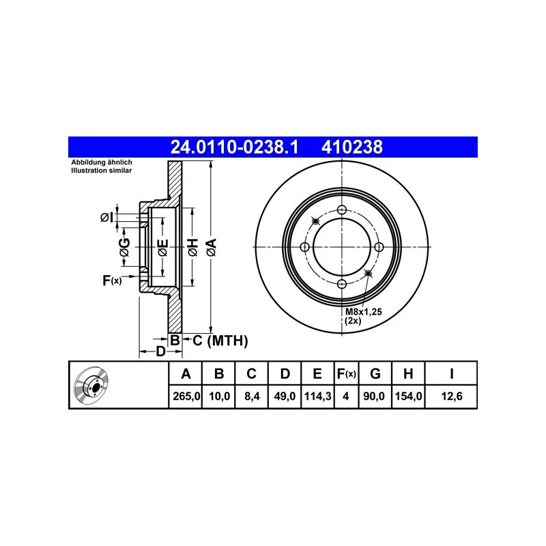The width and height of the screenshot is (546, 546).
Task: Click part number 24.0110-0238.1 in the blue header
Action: pyautogui.click(x=234, y=147)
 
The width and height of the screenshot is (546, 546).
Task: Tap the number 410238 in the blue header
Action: pyautogui.click(x=351, y=147)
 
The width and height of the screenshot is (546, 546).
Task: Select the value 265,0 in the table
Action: pyautogui.click(x=186, y=396)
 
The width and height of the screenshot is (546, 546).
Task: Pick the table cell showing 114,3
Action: pyautogui.click(x=317, y=396)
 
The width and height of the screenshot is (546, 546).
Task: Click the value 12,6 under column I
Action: pyautogui.click(x=452, y=396)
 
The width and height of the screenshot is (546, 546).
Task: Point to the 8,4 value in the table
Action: pyautogui.click(x=252, y=396)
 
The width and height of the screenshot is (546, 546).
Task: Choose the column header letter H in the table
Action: pyautogui.click(x=408, y=373)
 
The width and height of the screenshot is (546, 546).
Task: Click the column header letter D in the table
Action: pyautogui.click(x=285, y=373)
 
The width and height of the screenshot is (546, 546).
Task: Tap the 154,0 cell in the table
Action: pyautogui.click(x=408, y=396)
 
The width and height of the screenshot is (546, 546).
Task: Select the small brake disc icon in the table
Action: pyautogui.click(x=91, y=384)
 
